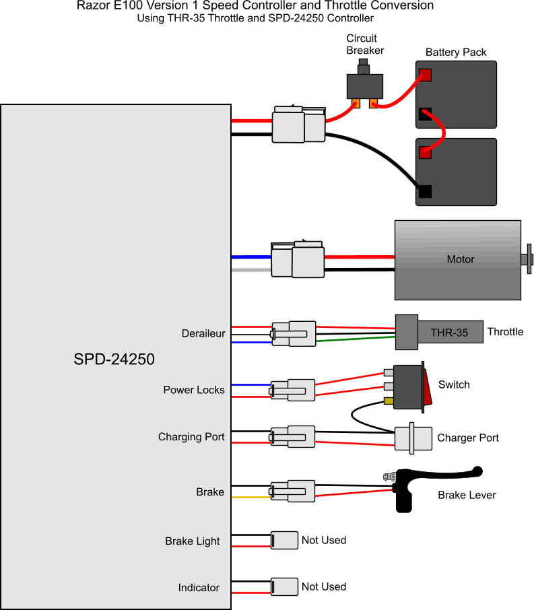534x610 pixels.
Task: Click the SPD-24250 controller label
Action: [x=114, y=360]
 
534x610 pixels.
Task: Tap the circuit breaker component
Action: [x=364, y=85]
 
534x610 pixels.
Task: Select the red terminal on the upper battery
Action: [x=424, y=74]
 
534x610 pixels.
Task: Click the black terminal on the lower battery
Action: [x=424, y=191]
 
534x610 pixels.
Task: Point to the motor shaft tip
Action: [x=529, y=259]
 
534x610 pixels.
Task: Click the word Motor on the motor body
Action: [x=461, y=259]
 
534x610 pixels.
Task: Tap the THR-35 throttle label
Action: [x=450, y=332]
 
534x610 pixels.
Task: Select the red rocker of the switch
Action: [x=426, y=386]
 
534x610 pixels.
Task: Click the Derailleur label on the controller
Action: [x=203, y=333]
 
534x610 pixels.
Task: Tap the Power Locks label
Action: [x=194, y=390]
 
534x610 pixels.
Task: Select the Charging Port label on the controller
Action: [x=191, y=437]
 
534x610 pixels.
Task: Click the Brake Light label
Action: [x=193, y=541]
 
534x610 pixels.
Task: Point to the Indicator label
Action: [x=199, y=588]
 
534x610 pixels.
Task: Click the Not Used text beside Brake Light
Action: [x=324, y=540]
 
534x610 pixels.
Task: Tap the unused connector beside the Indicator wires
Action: [x=284, y=586]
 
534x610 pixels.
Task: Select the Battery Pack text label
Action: [x=456, y=52]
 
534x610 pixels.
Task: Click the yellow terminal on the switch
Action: [x=389, y=401]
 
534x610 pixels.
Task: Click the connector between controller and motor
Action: [x=297, y=261]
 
